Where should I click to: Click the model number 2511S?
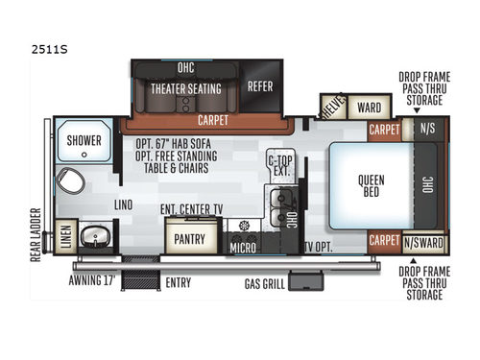click(x=29, y=44)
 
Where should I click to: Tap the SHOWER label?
click(x=84, y=141)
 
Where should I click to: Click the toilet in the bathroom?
click(x=67, y=180)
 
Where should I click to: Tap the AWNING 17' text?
click(x=96, y=281)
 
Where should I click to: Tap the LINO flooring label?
click(x=124, y=204)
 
